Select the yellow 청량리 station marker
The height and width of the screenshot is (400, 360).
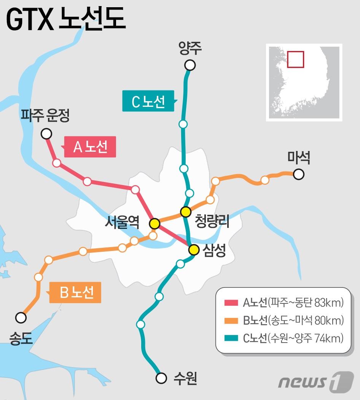(186, 211)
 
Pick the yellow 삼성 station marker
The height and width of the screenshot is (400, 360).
(194, 249)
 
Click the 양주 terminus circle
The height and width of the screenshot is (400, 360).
(190, 65)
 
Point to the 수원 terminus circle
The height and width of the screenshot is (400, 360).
(161, 378)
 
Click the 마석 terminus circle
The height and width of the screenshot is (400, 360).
(299, 175)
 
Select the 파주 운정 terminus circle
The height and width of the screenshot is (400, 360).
(46, 133)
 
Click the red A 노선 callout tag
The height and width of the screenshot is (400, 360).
(90, 147)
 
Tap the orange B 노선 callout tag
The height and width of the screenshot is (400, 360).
(76, 292)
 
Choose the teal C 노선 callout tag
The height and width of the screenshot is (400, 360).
(148, 101)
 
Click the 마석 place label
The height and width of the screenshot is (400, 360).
(299, 157)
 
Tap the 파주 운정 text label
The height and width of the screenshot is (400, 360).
(45, 116)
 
